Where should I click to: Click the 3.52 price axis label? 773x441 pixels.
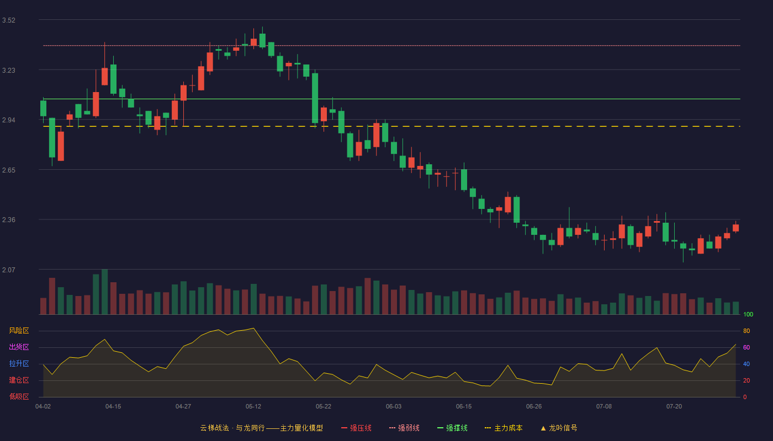pos(9,20)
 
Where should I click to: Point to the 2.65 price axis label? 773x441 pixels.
pos(9,170)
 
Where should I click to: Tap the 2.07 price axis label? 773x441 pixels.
pos(9,270)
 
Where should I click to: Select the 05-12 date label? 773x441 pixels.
pos(253,407)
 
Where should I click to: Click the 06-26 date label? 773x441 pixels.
pos(534,407)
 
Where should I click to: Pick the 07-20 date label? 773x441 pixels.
pos(674,407)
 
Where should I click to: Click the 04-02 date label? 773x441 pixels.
pos(43,407)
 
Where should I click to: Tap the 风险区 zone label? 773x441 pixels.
pos(19,331)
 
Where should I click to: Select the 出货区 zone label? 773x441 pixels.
pos(19,347)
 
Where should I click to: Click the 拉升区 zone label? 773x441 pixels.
pos(19,363)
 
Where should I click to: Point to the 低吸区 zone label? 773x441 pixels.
pos(19,396)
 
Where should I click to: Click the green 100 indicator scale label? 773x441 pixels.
pos(748,314)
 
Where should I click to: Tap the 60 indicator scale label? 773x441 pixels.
pos(746,347)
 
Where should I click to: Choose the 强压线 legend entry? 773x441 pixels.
pos(356,428)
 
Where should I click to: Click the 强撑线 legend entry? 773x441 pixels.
pos(452,428)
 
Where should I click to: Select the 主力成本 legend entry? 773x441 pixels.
pos(504,428)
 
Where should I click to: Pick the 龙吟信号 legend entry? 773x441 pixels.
pos(559,428)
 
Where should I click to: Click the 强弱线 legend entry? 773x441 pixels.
pos(404,428)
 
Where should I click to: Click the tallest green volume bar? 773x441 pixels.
pos(104,292)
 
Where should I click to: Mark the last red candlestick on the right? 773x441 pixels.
pos(735,228)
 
